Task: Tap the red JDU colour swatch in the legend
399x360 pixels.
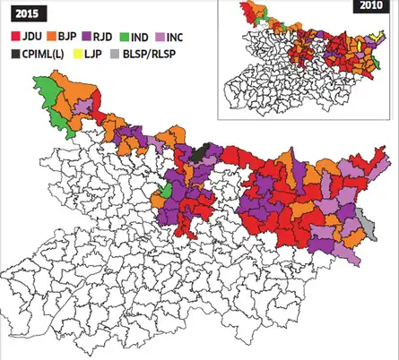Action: [13, 39]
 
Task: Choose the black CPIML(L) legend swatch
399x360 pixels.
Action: [13, 55]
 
